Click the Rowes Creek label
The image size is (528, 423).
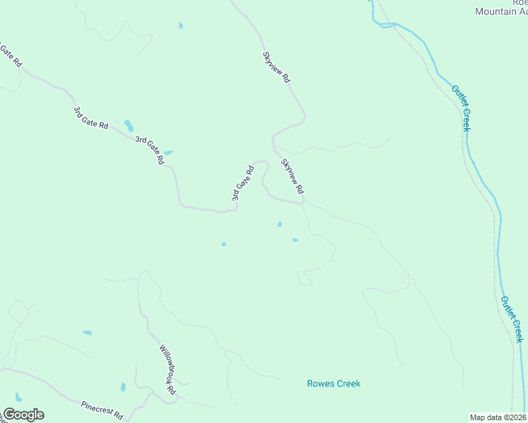pos(333,384)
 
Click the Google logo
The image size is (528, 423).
pos(23,415)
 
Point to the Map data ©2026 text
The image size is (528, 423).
pos(498,417)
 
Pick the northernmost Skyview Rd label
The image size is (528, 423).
pos(276,68)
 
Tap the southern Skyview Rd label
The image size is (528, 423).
pos(292,176)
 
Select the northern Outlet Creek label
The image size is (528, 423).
pos(461,108)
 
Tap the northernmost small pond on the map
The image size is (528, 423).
pos(181,26)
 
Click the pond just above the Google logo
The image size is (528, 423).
pos(18,397)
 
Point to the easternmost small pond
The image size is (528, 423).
pos(295,240)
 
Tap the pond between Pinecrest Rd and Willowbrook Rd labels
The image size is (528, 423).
pos(123,387)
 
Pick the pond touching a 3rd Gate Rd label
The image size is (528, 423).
pos(167,152)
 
